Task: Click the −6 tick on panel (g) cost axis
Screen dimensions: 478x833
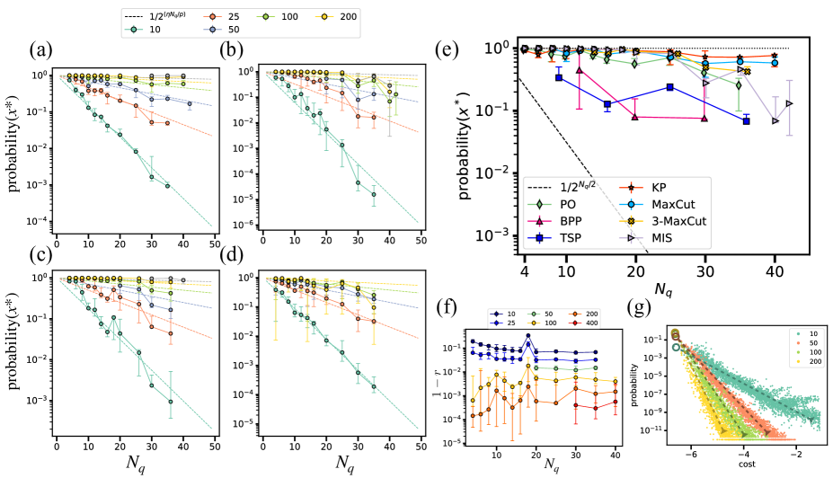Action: [691, 455]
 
